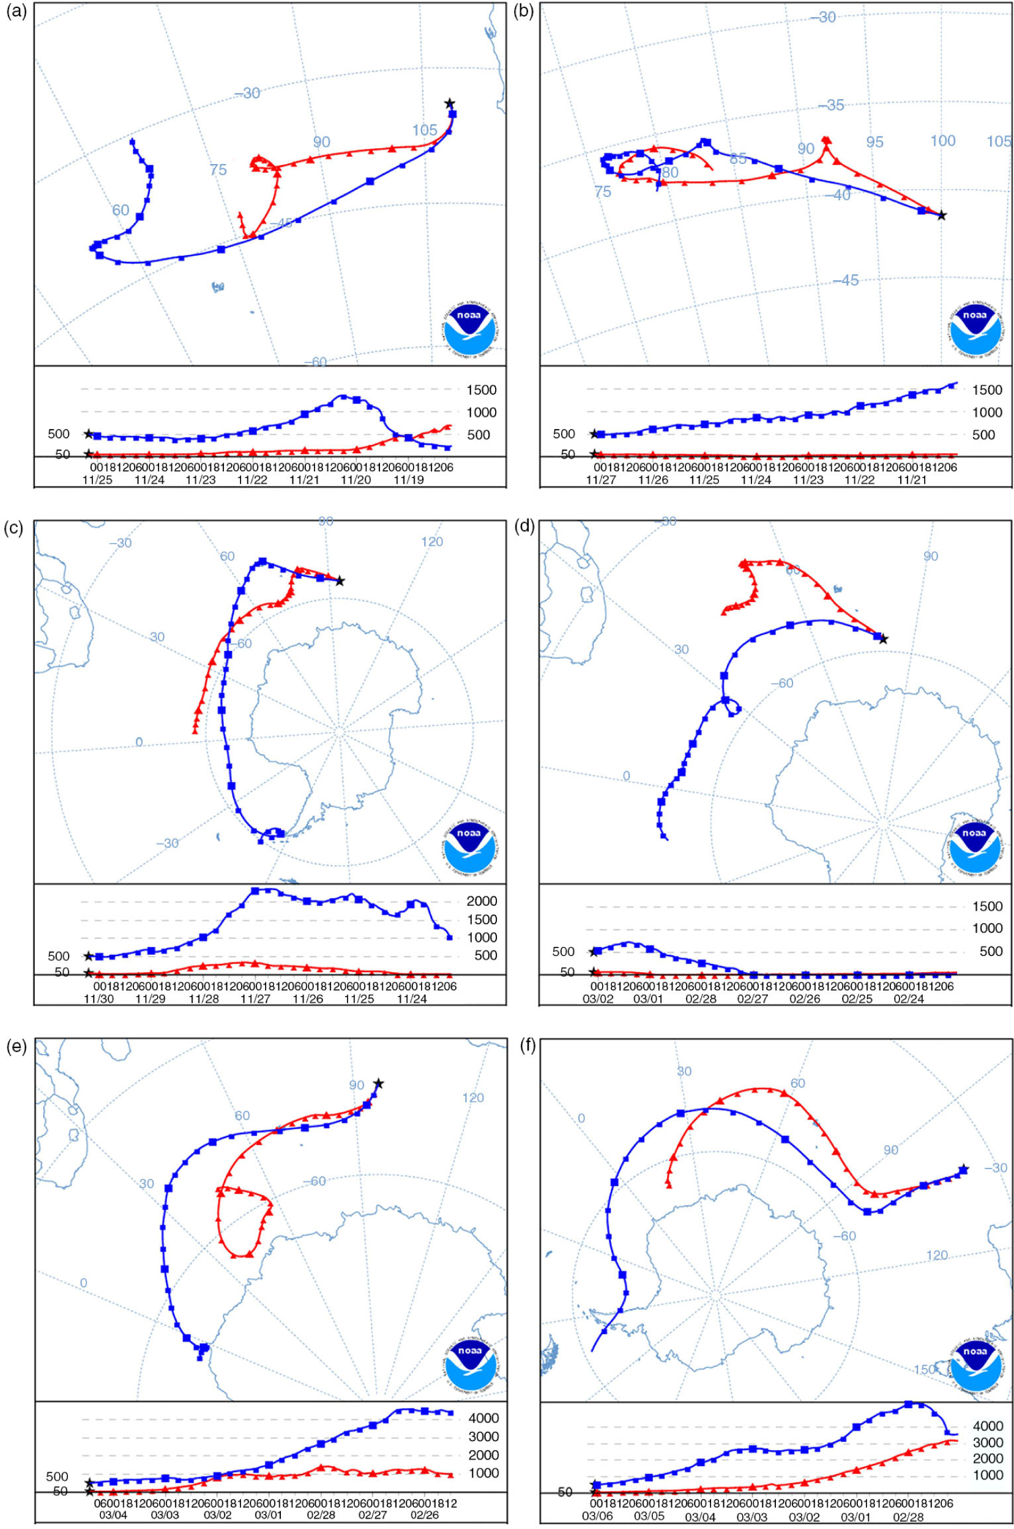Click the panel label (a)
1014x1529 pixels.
point(15,12)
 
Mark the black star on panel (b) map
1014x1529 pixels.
point(942,215)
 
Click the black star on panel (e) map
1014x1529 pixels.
point(378,1083)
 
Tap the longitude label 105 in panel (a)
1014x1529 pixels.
point(425,130)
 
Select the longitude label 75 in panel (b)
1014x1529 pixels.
point(602,192)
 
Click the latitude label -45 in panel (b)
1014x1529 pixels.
point(846,280)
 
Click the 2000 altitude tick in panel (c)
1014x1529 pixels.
point(482,901)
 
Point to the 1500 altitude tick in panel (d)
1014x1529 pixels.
point(988,906)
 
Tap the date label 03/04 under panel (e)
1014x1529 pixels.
point(112,1515)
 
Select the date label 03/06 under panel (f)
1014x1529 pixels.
point(597,1515)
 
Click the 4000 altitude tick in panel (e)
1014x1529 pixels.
point(483,1418)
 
